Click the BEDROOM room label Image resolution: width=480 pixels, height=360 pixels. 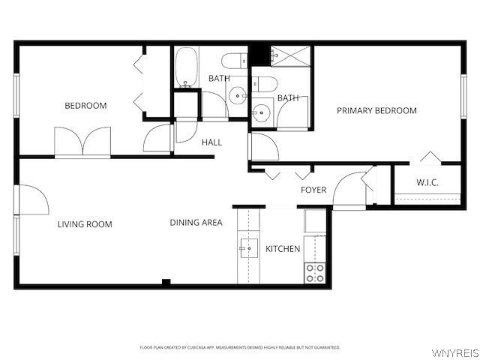point(85,106)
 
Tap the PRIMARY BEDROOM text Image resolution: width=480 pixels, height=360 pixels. point(376,111)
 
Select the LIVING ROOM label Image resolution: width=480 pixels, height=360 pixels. point(85,224)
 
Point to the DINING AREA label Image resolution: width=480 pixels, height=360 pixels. point(196,223)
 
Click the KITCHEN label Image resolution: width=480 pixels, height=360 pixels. point(283,249)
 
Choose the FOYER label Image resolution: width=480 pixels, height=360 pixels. point(313,190)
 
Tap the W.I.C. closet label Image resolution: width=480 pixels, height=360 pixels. point(427,183)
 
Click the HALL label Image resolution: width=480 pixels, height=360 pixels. point(211,142)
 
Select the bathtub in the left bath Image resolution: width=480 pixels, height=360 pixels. point(187,67)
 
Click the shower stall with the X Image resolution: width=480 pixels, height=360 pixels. point(288,55)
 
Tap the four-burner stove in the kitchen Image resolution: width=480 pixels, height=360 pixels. point(315,273)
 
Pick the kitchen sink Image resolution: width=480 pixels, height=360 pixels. point(249,248)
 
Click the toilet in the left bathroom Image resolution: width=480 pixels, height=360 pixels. point(234,60)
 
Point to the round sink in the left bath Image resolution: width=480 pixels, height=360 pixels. point(238,95)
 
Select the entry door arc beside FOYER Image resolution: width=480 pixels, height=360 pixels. point(349,190)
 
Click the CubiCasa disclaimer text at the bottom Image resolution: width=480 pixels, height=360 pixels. point(240,347)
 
